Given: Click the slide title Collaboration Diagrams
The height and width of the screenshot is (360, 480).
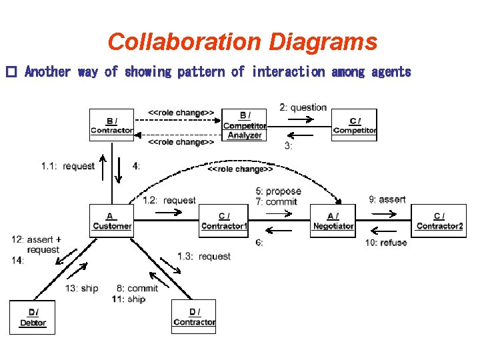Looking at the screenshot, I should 242,42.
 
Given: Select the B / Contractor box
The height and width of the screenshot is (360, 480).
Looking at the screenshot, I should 111,125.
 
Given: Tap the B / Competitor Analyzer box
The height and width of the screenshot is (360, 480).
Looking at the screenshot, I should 245,125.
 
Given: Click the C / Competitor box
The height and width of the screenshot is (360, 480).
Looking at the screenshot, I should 354,125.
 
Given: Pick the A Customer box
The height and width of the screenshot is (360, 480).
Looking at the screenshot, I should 111,221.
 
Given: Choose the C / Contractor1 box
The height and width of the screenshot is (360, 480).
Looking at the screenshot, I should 224,221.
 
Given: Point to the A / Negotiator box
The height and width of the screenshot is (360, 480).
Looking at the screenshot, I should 333,221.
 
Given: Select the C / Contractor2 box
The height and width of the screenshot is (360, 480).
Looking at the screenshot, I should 439,221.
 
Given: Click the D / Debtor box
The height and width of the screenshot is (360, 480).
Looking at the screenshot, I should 33,317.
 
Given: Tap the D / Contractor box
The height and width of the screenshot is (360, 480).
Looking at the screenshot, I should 193,317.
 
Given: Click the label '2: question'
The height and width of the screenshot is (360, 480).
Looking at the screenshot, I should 303,107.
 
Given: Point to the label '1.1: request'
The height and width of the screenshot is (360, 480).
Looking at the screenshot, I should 68,166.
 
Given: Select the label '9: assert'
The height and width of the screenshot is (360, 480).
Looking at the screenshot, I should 387,199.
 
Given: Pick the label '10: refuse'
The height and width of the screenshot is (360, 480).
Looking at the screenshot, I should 385,243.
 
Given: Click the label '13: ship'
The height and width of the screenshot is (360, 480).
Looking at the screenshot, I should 81,288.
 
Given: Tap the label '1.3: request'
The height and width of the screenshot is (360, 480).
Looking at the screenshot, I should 204,256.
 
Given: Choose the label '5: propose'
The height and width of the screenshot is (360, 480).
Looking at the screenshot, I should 278,191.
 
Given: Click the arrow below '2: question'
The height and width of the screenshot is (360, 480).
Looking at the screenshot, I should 300,119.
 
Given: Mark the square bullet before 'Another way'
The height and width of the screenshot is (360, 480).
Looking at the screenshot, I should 10,72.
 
